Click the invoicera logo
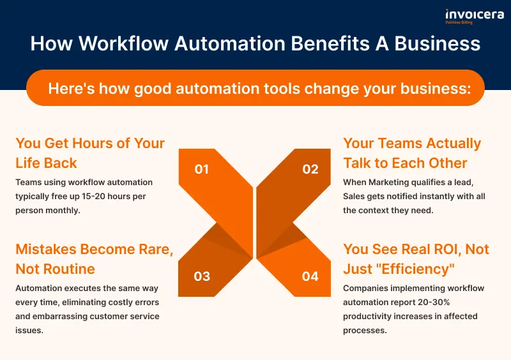[475, 17]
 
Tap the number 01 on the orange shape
[201, 169]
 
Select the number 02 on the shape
[310, 169]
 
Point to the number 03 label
[202, 276]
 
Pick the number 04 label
[310, 276]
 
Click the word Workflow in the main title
[123, 43]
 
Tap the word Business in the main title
[438, 43]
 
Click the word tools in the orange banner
[282, 89]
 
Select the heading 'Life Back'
[46, 163]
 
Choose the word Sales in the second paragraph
[354, 197]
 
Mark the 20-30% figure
[434, 303]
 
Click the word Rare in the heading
[156, 249]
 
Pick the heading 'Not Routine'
[55, 269]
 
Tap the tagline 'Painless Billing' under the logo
[459, 22]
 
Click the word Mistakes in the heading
[46, 249]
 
